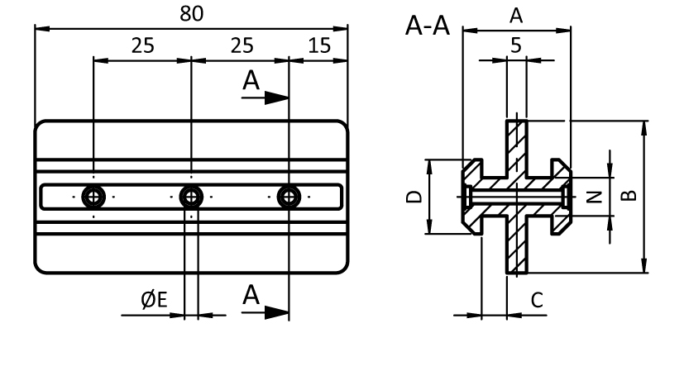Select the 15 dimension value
(x=318, y=45)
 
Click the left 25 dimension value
(x=142, y=45)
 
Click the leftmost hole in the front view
(x=94, y=197)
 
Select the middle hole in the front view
(x=191, y=197)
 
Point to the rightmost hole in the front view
(x=288, y=197)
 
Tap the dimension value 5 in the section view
(x=516, y=46)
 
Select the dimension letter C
(x=536, y=300)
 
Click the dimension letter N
(x=592, y=197)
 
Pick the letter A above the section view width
(x=516, y=14)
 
